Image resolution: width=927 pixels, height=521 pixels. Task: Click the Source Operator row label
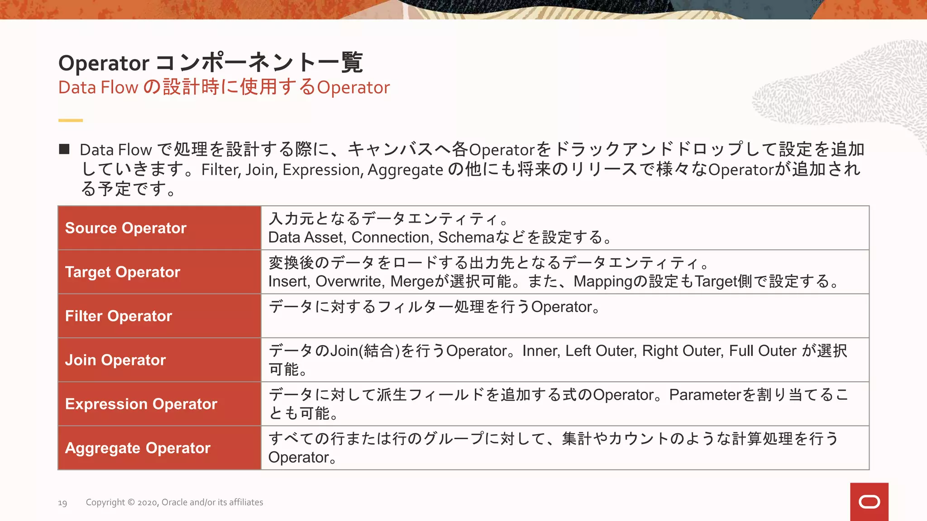[x=126, y=228]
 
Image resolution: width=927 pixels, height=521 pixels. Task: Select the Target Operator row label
[x=123, y=272]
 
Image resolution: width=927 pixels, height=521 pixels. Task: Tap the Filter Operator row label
[x=119, y=316]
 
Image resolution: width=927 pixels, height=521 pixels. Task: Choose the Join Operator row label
[x=115, y=360]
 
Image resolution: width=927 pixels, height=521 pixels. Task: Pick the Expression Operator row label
[x=141, y=404]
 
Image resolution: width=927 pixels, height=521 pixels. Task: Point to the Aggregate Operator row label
[x=138, y=448]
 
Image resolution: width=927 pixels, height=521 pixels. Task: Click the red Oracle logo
[x=869, y=502]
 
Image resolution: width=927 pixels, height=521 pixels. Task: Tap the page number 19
[x=62, y=503]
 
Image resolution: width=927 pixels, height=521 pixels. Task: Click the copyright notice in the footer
[x=174, y=502]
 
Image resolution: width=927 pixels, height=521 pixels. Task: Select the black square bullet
[x=64, y=149]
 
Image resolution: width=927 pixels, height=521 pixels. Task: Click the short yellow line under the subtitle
[x=70, y=120]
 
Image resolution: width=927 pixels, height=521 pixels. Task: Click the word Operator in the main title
[x=104, y=63]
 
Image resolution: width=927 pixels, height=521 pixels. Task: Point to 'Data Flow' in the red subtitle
[x=98, y=87]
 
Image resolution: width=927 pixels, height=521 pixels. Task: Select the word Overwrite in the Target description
[x=350, y=281]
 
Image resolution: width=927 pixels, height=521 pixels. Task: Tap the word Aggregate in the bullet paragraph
[x=405, y=170]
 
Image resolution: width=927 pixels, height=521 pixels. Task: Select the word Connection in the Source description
[x=390, y=237]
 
